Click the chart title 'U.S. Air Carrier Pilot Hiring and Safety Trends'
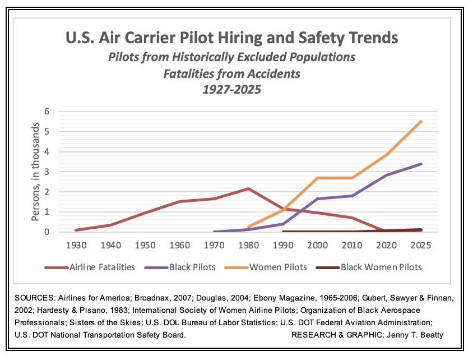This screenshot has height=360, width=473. [x=231, y=38]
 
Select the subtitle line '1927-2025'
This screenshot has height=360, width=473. [x=231, y=88]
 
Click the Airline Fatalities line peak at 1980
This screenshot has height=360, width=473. [x=248, y=188]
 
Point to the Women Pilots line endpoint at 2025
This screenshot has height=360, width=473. [x=421, y=121]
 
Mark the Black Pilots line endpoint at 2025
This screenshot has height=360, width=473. [x=421, y=164]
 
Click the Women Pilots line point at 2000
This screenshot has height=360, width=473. [x=317, y=178]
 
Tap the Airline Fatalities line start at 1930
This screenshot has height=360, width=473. [x=75, y=230]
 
